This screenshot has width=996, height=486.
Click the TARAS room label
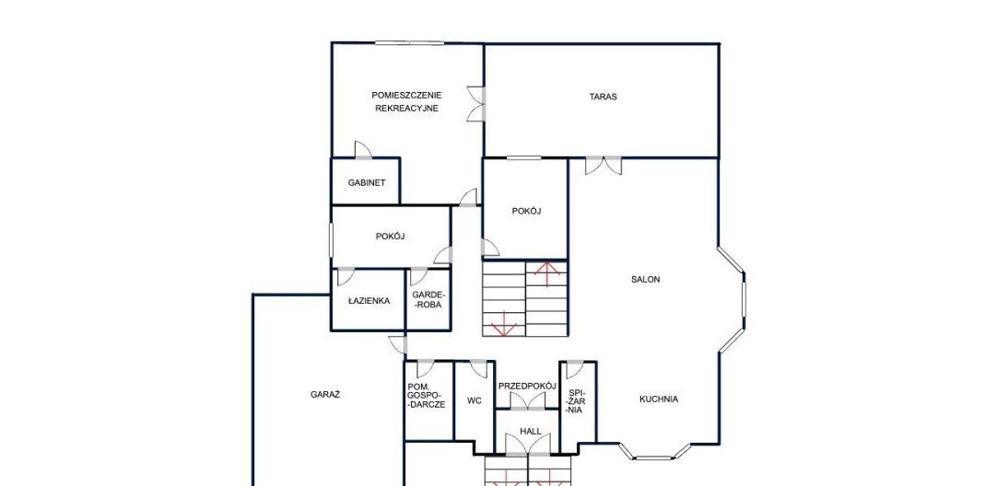(603, 97)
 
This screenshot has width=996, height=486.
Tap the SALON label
(645, 279)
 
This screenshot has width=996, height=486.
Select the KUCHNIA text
(659, 399)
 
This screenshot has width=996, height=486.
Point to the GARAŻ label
(325, 394)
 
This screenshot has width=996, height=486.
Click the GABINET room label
(367, 183)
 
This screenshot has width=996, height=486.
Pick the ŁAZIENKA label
(369, 301)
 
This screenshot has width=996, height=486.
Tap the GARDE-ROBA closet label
(428, 299)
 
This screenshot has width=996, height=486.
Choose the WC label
(474, 400)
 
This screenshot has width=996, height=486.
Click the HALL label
(531, 432)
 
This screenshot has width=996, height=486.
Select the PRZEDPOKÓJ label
(527, 386)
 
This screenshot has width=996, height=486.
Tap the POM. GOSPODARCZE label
(427, 396)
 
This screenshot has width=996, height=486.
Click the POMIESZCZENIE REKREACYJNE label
(406, 101)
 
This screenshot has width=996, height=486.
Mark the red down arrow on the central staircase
(504, 324)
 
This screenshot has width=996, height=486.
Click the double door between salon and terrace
(603, 166)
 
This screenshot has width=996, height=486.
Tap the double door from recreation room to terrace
(475, 104)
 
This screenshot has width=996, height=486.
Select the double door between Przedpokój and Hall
(529, 401)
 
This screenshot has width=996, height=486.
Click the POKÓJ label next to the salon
(526, 212)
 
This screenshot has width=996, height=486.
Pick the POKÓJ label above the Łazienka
(390, 236)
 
